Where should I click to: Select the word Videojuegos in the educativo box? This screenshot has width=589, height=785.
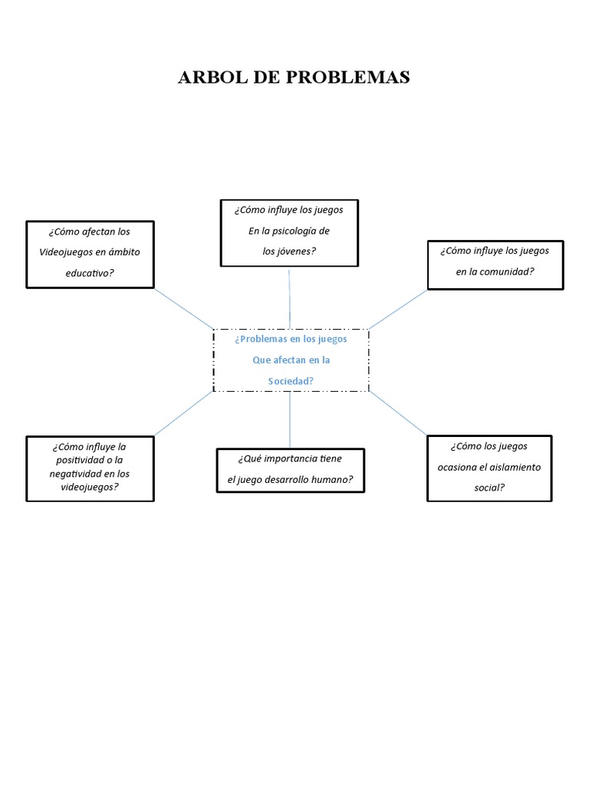tap(69, 252)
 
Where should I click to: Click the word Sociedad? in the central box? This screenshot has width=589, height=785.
tap(290, 380)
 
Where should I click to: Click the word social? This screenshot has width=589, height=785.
tap(489, 487)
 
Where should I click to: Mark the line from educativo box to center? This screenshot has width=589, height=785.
tap(184, 309)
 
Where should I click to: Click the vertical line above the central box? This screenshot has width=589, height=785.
tap(289, 299)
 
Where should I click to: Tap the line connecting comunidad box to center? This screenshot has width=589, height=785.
tap(397, 310)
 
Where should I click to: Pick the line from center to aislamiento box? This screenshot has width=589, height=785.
tap(397, 414)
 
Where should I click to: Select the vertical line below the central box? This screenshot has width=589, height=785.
tap(290, 420)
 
